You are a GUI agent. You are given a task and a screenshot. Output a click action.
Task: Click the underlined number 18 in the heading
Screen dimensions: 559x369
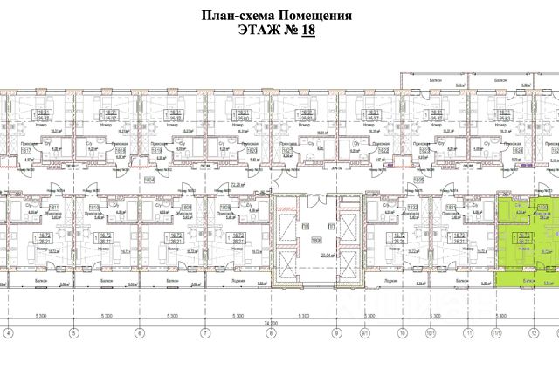tap(307, 31)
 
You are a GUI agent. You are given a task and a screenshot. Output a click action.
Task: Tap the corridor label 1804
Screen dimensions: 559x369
tap(149, 179)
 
